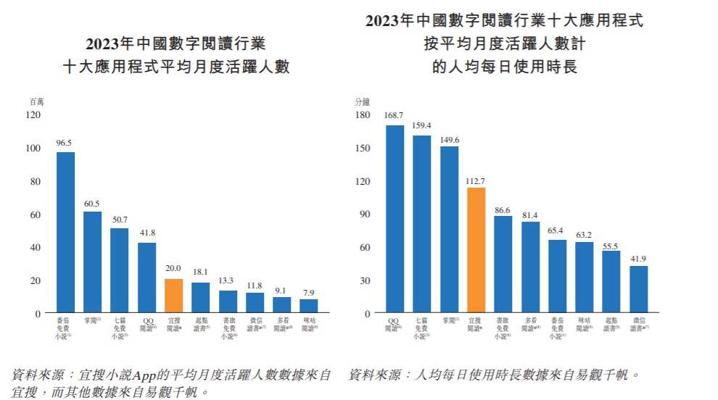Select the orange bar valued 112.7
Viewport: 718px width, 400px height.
coord(476,250)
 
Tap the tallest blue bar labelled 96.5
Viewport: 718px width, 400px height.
coord(66,232)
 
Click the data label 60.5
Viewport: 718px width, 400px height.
coord(93,204)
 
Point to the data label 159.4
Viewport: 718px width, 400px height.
coord(421,125)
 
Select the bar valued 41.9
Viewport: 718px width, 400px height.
coord(638,289)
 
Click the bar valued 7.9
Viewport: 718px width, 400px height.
coord(309,306)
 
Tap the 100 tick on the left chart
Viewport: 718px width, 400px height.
coord(33,148)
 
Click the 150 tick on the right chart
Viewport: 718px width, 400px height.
coord(361,148)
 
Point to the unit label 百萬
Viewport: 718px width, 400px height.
coord(36,102)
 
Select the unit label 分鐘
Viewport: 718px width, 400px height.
coord(361,102)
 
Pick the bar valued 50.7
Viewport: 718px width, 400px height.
coord(120,270)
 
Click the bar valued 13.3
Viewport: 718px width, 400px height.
coord(228,301)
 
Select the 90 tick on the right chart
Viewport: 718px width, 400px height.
coord(364,214)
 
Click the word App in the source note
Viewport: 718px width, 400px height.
coord(144,375)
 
